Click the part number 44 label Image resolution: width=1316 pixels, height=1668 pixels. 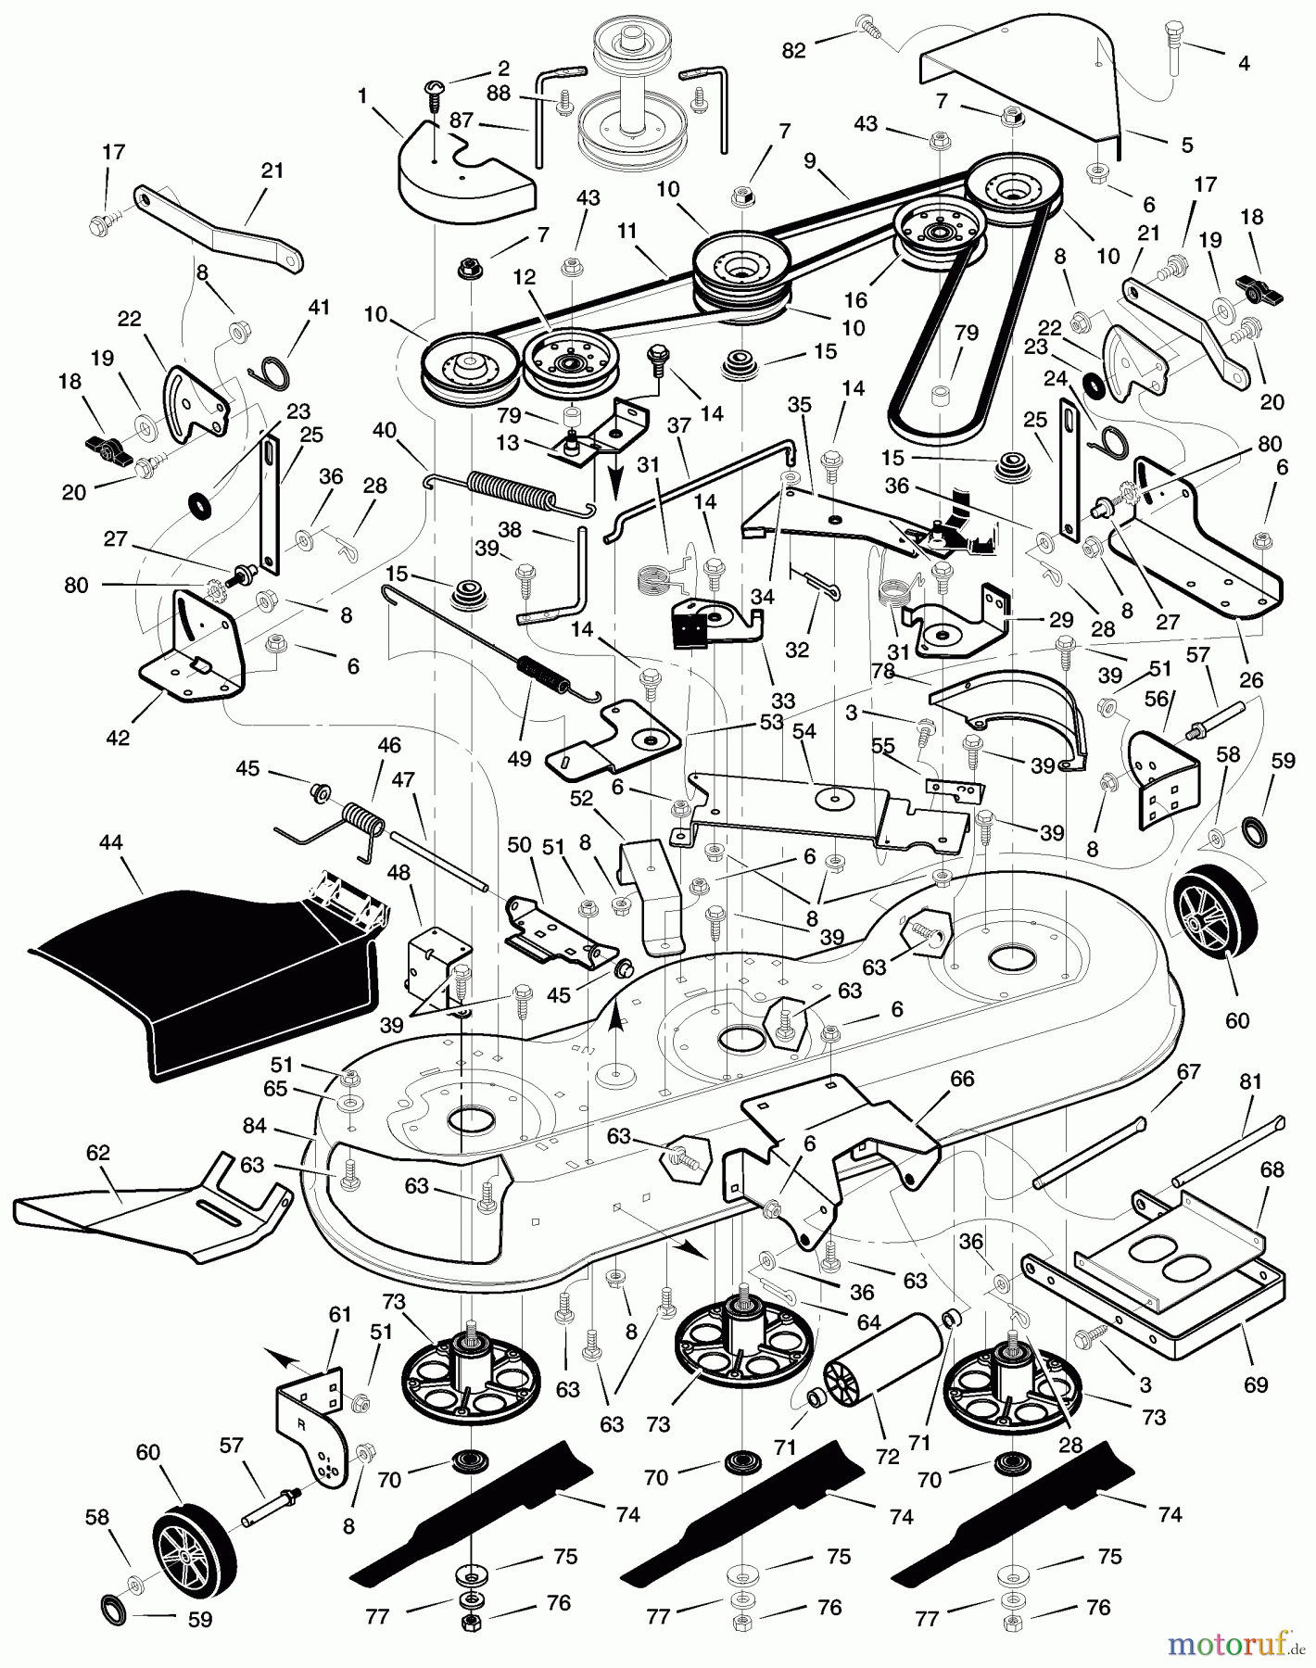click(110, 843)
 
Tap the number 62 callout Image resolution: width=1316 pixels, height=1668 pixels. click(97, 1153)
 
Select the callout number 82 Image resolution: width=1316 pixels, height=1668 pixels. click(794, 51)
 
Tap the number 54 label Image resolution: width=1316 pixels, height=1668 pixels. click(804, 732)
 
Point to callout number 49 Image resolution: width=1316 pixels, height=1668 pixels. click(520, 759)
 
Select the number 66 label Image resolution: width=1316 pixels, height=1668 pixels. click(962, 1079)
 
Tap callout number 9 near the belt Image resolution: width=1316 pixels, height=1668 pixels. click(810, 161)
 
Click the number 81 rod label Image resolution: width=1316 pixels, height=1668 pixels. click(1251, 1081)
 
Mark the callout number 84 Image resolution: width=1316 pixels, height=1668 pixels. click(255, 1126)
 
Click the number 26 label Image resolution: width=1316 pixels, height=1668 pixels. click(1251, 680)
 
